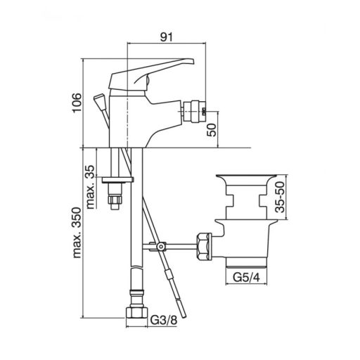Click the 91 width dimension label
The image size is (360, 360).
166,37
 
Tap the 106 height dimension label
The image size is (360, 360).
77,103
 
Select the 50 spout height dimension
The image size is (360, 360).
212,130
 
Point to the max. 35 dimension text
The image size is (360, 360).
90,187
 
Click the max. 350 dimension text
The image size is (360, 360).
77,233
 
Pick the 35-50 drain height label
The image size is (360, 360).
280,198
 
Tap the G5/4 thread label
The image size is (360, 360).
247,278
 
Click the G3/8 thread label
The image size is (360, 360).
164,320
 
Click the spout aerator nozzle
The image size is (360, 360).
195,111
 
